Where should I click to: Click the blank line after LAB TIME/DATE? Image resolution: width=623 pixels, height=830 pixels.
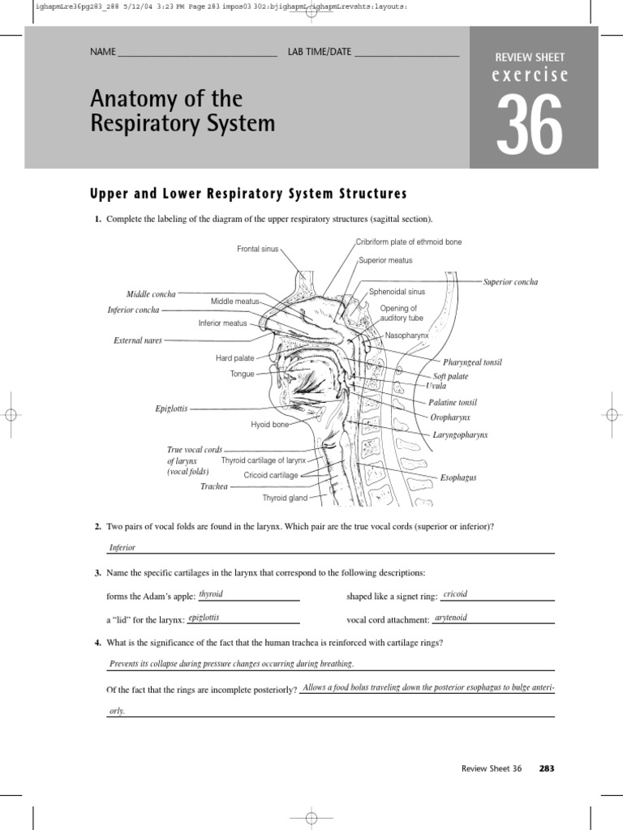click(x=406, y=55)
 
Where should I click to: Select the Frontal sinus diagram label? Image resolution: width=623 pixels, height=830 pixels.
click(x=257, y=249)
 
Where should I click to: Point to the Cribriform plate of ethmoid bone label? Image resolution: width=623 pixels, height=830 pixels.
click(x=409, y=242)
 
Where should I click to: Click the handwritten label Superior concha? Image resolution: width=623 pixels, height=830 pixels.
click(x=510, y=282)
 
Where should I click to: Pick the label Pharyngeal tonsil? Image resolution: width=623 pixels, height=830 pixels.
click(x=472, y=362)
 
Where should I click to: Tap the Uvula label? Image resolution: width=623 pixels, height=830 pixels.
click(x=436, y=386)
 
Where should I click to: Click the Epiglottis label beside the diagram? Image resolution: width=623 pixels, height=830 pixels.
click(x=171, y=409)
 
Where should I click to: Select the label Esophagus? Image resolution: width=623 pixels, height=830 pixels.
click(x=458, y=478)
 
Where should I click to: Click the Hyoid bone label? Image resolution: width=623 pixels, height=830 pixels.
click(x=270, y=425)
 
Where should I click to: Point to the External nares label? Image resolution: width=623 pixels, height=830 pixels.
click(x=138, y=341)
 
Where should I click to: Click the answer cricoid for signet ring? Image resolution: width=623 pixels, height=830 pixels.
click(x=455, y=594)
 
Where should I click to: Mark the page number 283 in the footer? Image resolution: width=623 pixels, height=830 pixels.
click(x=547, y=768)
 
